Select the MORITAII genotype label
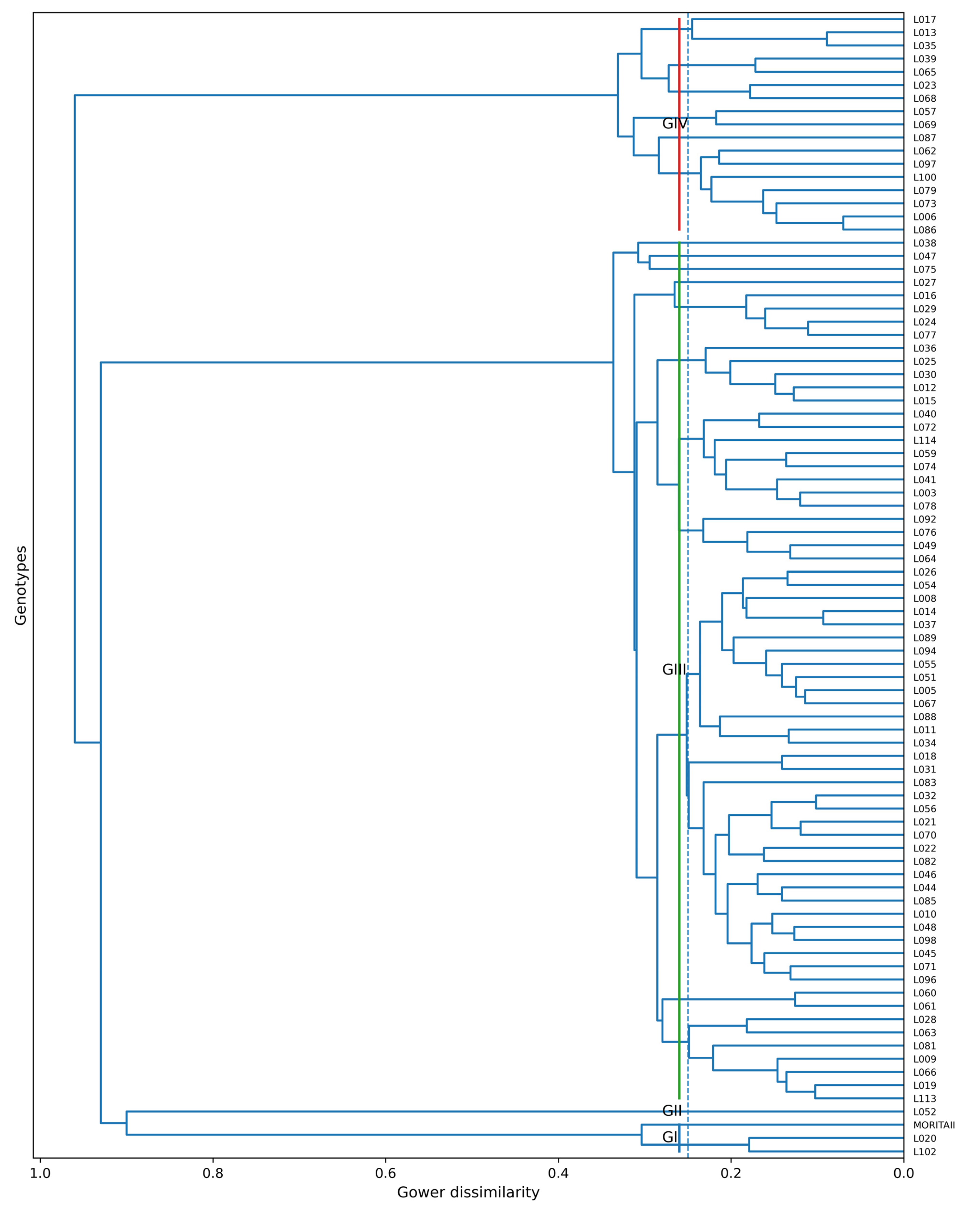click(934, 1125)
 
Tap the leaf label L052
click(925, 1112)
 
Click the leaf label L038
click(925, 243)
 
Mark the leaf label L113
click(925, 1098)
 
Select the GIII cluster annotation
click(674, 669)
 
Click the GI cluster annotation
click(670, 1137)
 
